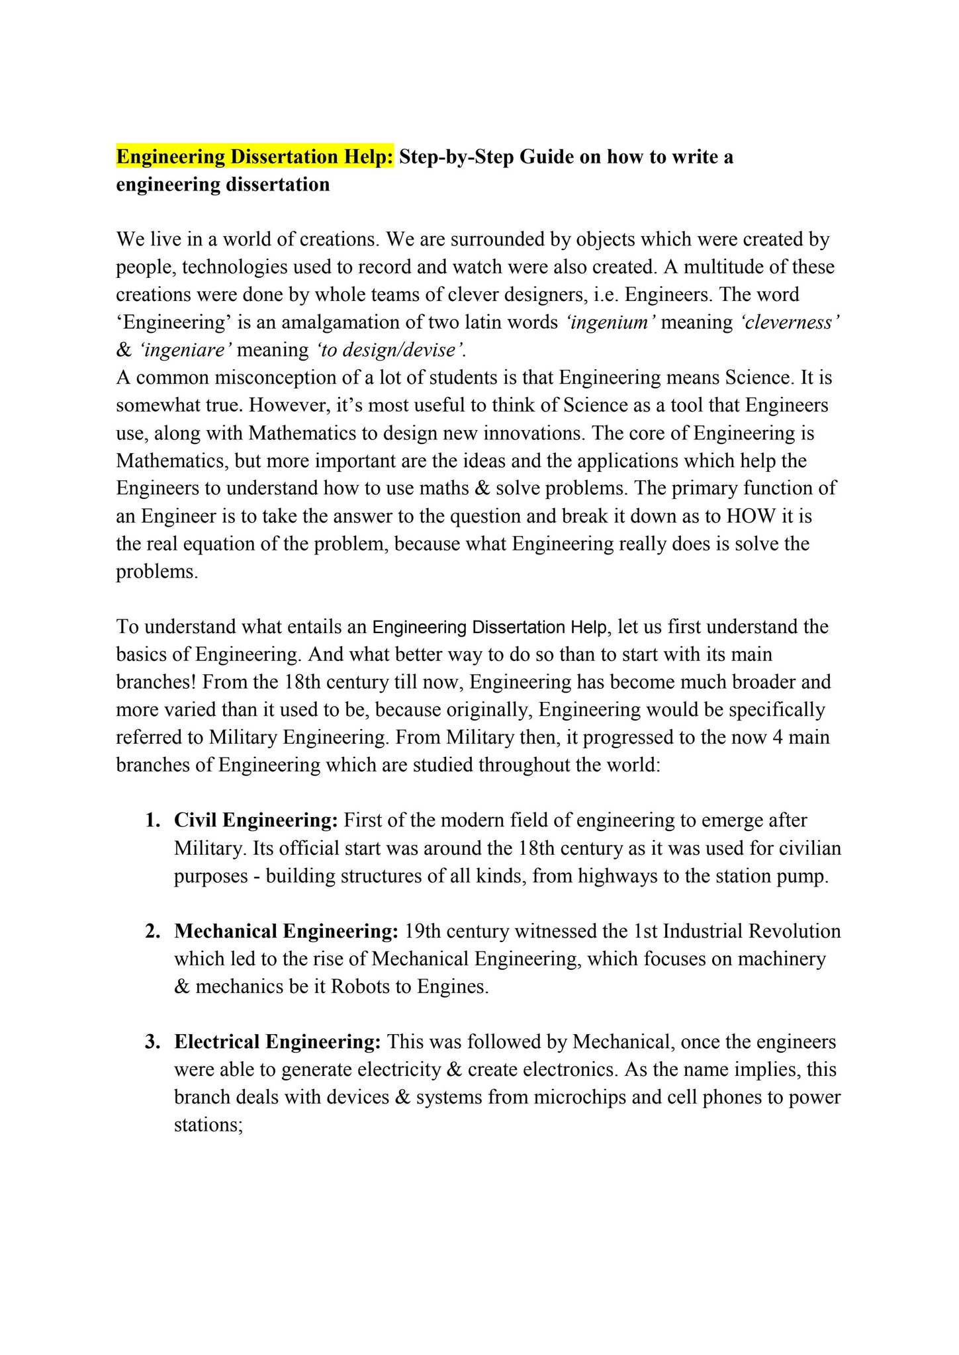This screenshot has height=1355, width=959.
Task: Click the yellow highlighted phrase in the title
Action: (255, 157)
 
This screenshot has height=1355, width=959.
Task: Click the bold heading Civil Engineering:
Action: (256, 821)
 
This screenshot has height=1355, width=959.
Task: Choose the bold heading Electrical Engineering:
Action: (277, 1042)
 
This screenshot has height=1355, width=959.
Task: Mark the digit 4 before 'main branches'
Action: (778, 738)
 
